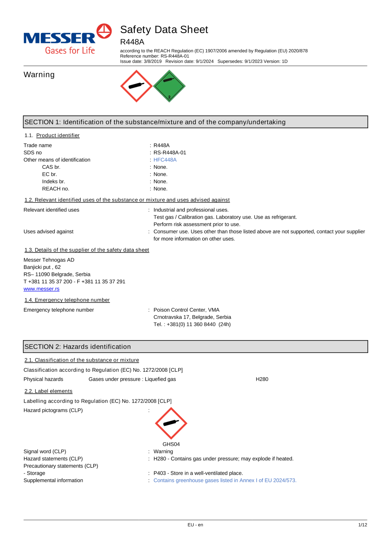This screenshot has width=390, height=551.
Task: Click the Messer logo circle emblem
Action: (104, 31)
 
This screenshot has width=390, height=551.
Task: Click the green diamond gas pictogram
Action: (169, 86)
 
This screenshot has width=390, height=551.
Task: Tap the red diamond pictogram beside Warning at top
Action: (136, 86)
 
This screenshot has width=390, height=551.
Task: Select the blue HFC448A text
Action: (165, 160)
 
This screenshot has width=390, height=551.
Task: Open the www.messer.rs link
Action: (41, 289)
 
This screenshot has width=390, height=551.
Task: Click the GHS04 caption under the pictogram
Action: (171, 444)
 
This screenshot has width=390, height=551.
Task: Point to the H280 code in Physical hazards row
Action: (262, 379)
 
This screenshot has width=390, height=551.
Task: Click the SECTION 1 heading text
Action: (155, 122)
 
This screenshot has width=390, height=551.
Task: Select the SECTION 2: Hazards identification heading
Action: (78, 347)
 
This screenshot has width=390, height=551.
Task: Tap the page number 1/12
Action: (363, 525)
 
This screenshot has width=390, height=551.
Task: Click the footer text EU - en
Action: (195, 525)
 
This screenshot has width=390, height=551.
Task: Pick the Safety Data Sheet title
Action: (164, 30)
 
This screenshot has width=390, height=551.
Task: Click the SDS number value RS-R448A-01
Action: (170, 153)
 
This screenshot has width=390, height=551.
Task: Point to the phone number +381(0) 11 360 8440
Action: (191, 324)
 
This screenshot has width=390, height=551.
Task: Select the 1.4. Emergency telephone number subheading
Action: (67, 300)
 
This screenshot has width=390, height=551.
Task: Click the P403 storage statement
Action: (198, 473)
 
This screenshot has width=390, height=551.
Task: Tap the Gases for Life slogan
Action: (70, 51)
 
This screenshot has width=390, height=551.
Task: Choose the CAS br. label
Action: (51, 167)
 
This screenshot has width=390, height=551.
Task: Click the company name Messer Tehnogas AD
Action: (49, 260)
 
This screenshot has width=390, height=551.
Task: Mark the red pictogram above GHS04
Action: (171, 423)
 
